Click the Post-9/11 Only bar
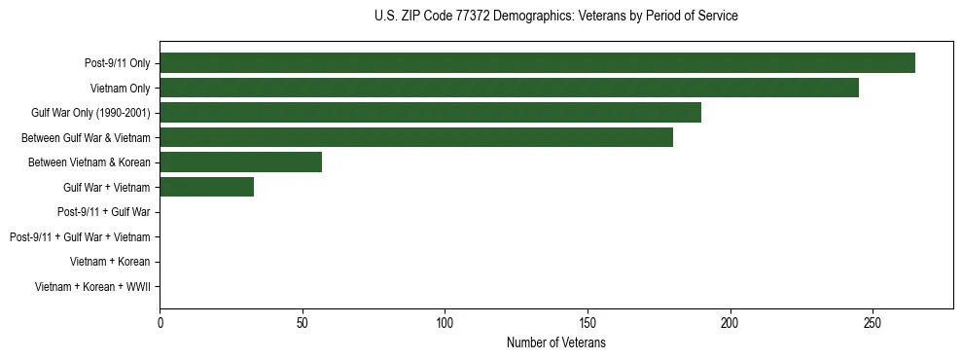(x=537, y=63)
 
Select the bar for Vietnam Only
(x=509, y=88)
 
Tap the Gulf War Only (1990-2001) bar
(x=430, y=113)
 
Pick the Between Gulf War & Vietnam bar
(x=416, y=137)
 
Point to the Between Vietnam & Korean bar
(x=240, y=162)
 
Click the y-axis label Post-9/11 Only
(x=118, y=63)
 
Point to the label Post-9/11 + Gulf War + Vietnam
(x=80, y=237)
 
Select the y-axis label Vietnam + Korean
(x=110, y=262)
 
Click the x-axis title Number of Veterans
(x=555, y=342)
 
